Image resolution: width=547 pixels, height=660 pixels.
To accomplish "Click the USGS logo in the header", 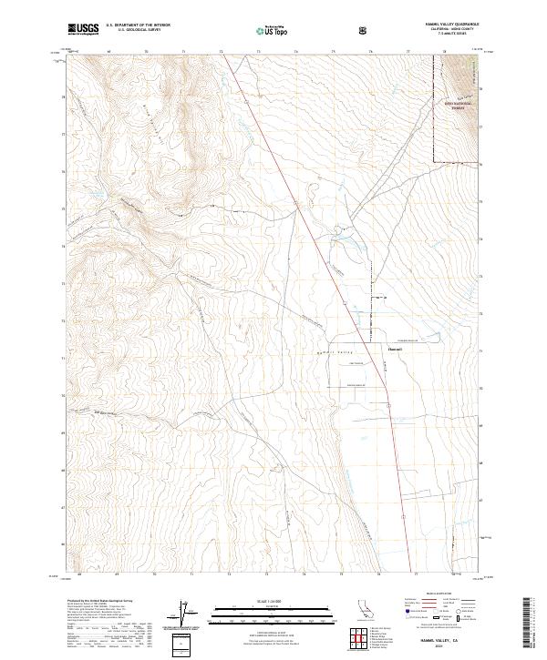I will [84, 30].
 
